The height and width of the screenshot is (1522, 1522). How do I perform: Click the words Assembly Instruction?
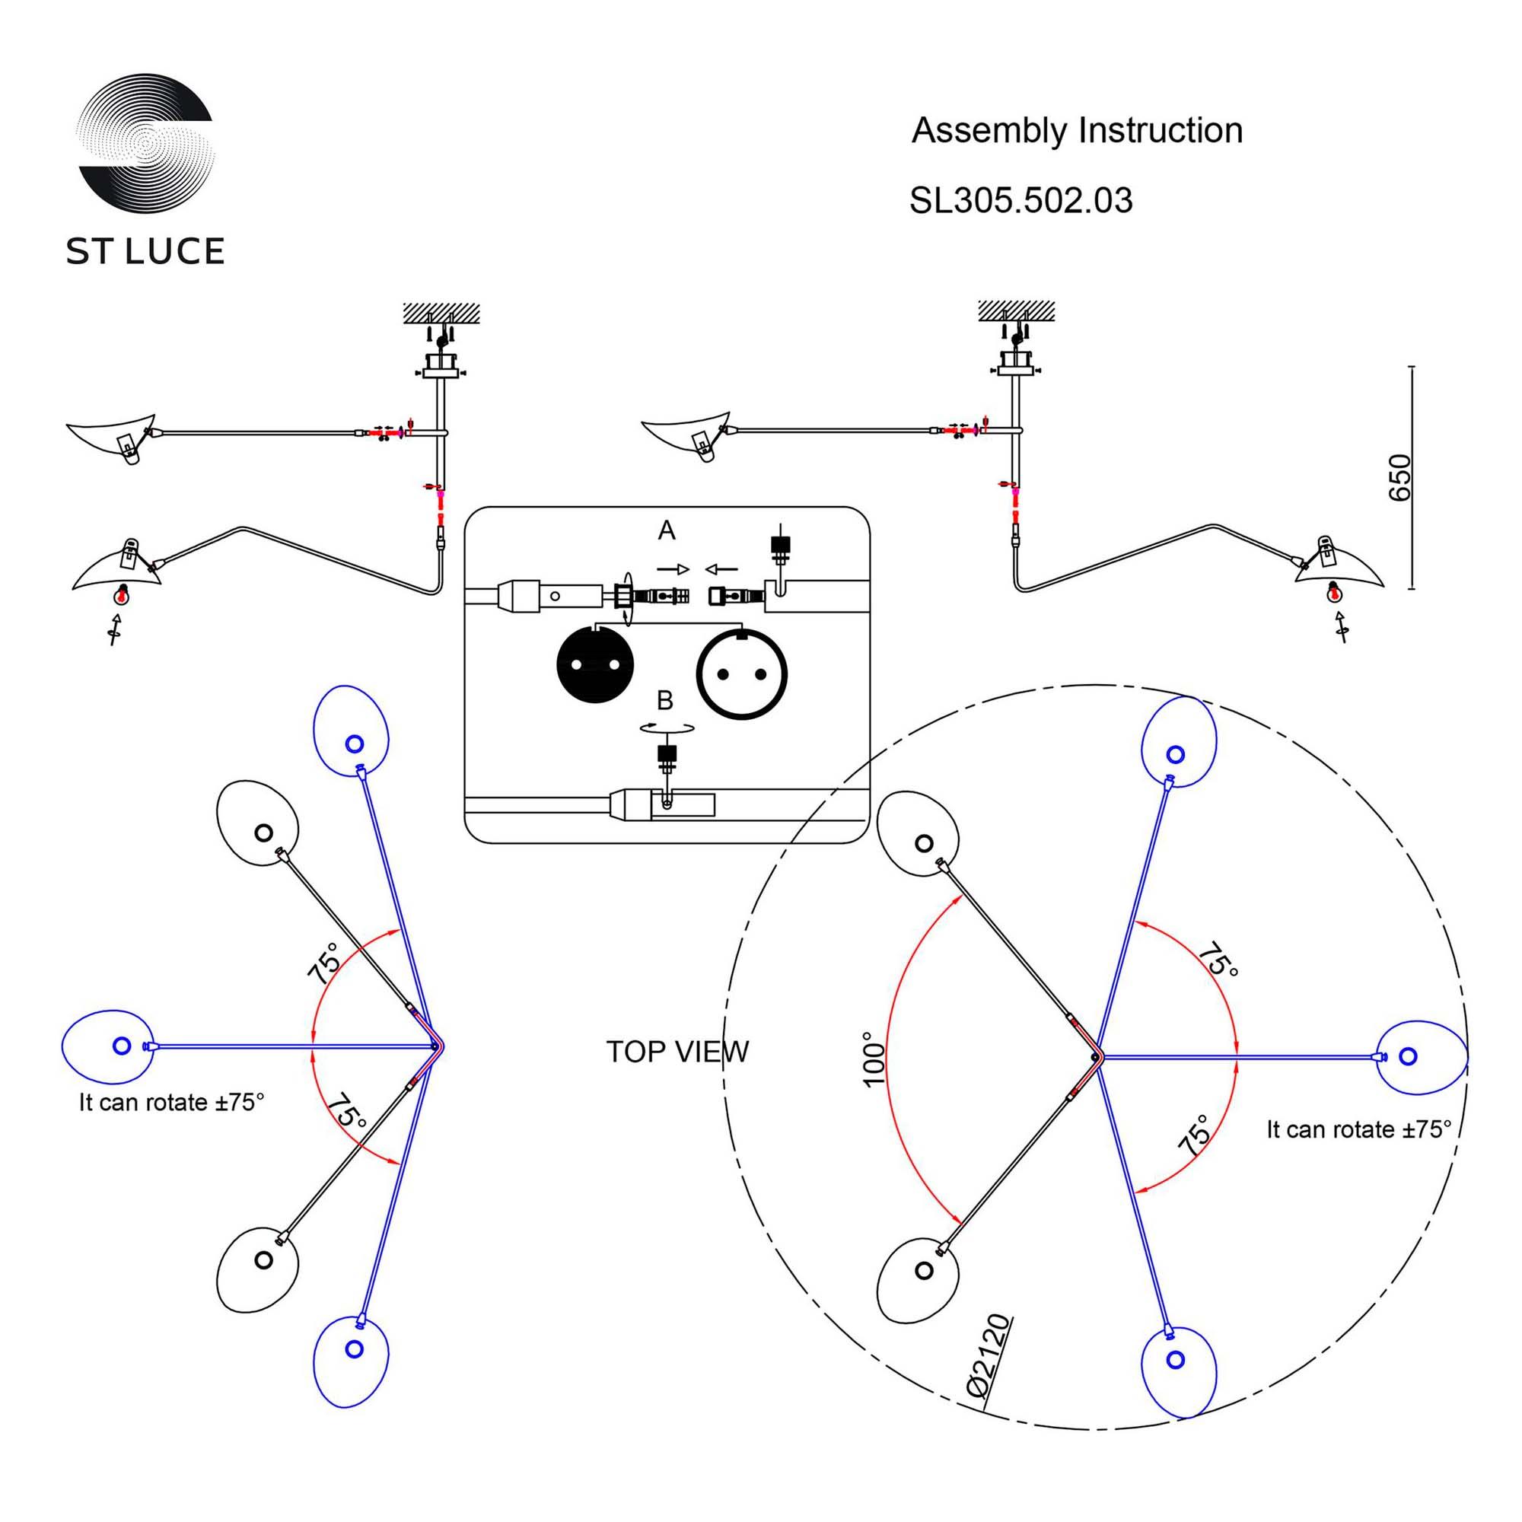(1076, 131)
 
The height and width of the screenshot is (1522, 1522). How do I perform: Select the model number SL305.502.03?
(1021, 201)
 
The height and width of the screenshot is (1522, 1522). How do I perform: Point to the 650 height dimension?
(1399, 477)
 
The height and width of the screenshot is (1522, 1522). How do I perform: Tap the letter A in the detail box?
(667, 530)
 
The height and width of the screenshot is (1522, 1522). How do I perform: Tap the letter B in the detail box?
(665, 700)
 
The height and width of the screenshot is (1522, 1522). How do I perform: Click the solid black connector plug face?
(595, 664)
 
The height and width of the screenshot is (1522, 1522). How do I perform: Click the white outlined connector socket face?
(741, 673)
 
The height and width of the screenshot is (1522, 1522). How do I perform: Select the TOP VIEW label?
(677, 1052)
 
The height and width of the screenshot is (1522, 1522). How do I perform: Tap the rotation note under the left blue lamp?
(171, 1102)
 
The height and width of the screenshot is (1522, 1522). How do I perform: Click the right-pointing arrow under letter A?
(673, 569)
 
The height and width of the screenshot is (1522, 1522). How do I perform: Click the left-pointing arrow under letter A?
(721, 568)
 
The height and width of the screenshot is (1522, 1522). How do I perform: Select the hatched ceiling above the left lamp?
(441, 313)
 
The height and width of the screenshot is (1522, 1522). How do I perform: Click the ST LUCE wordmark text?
(145, 251)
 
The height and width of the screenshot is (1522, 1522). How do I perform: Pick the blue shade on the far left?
(109, 1046)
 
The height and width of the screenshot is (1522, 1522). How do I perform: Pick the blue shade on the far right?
(1420, 1057)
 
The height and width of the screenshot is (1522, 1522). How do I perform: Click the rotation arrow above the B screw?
(667, 728)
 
